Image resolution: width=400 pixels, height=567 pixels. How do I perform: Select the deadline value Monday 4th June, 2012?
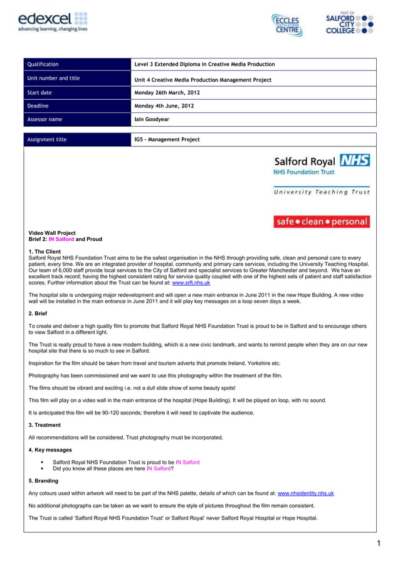(x=164, y=106)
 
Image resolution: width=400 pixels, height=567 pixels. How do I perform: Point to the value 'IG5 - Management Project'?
(x=167, y=139)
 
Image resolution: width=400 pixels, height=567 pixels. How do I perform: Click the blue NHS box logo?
(x=355, y=160)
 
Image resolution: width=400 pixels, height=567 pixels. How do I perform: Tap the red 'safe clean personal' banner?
(x=321, y=222)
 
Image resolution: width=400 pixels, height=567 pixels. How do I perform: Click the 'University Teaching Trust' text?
(x=321, y=192)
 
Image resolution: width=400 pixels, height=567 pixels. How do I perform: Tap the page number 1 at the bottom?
(x=380, y=544)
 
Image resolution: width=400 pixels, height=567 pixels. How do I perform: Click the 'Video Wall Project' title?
(x=52, y=233)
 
